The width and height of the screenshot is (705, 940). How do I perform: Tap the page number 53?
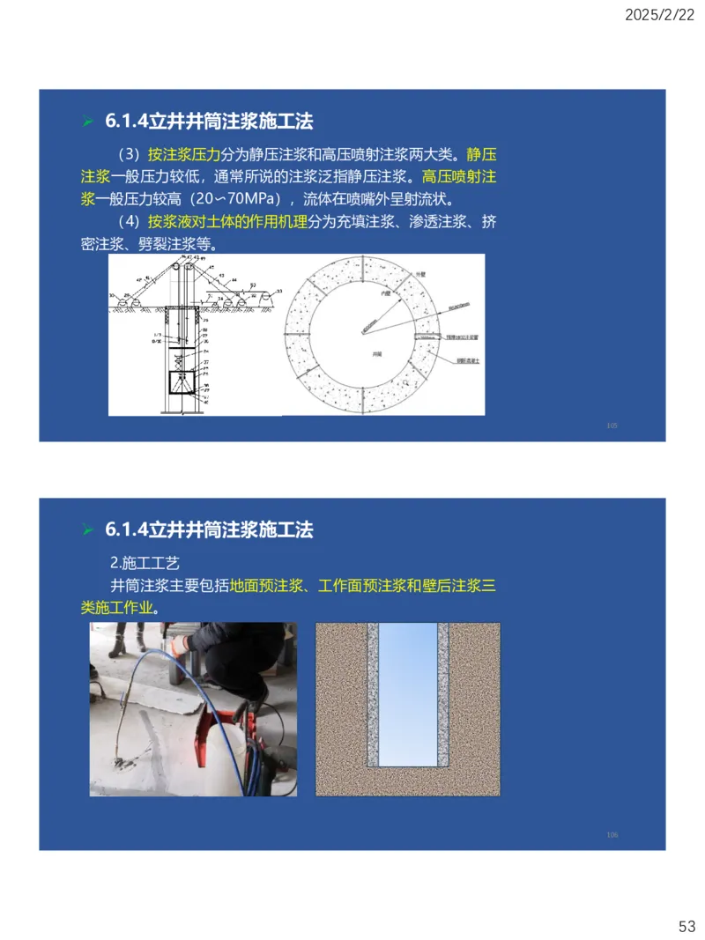tap(686, 925)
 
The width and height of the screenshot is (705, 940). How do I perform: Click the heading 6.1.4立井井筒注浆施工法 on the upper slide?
tap(209, 121)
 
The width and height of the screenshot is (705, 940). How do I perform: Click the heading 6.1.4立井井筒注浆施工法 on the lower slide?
tap(209, 529)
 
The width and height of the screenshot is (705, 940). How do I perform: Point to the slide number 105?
tap(612, 426)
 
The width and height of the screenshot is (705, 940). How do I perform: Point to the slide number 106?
tap(612, 834)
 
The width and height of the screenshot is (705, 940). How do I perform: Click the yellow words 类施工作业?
tap(117, 609)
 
